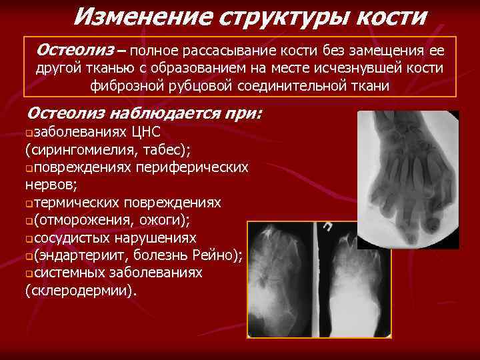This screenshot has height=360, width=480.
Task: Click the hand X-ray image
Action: click(408, 178)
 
